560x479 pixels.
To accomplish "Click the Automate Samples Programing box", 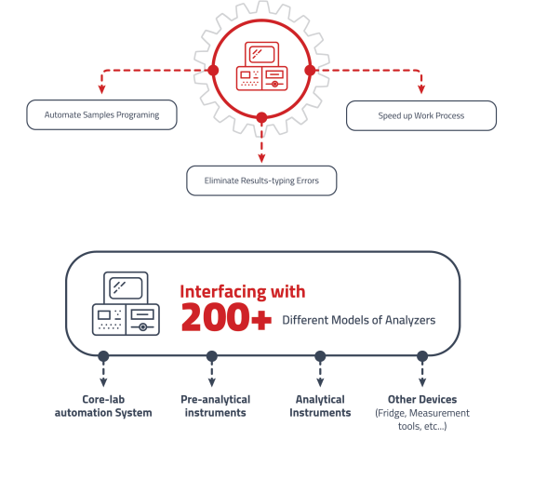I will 101,115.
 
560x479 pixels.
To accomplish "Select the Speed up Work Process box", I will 421,116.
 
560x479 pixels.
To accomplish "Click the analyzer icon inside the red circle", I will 261,66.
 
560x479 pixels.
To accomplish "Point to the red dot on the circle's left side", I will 213,70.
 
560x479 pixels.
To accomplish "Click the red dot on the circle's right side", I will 310,70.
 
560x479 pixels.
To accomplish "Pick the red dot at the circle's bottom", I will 261,118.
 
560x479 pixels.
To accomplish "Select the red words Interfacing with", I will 242,291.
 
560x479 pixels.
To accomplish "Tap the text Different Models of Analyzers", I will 358,321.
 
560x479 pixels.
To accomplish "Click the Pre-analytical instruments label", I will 213,406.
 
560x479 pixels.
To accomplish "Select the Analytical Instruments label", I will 320,406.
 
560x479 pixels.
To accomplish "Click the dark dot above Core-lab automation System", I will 103,355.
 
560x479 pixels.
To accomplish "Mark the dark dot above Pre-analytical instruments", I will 212,355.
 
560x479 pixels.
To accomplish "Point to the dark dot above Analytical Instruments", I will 320,355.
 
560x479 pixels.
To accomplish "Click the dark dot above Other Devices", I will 422,355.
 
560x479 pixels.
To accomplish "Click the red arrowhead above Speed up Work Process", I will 420,89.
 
